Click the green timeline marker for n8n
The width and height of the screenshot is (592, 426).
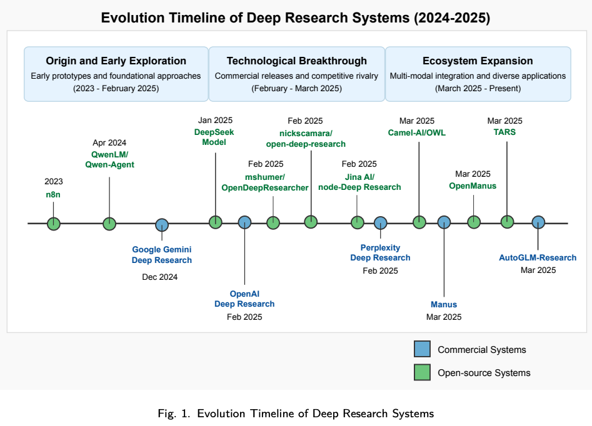tap(54, 223)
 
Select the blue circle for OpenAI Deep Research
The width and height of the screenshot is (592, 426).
tap(244, 222)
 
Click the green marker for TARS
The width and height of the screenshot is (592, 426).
tap(507, 222)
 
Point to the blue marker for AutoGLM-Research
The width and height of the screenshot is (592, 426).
tap(538, 222)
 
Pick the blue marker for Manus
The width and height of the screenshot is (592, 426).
tap(444, 222)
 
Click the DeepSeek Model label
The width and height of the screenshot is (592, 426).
tap(215, 137)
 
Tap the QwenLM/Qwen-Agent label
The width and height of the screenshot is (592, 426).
tap(109, 160)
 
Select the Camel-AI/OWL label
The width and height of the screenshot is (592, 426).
tap(416, 132)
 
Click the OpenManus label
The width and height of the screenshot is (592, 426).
tap(473, 186)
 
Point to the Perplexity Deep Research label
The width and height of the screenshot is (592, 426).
tap(380, 252)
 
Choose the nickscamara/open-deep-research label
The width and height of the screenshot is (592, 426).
tap(306, 138)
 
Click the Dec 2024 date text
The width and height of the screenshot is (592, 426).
tap(160, 277)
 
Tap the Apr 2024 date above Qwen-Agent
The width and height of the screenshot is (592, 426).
tap(109, 142)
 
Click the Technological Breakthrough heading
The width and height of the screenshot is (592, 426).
tap(297, 61)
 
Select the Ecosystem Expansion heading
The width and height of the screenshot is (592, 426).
tap(478, 61)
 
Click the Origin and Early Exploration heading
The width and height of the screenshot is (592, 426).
tap(116, 61)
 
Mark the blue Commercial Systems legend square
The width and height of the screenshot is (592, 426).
tap(423, 350)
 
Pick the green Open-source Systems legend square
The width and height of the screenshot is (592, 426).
tap(423, 372)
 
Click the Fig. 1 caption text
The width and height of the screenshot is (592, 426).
tap(296, 413)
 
